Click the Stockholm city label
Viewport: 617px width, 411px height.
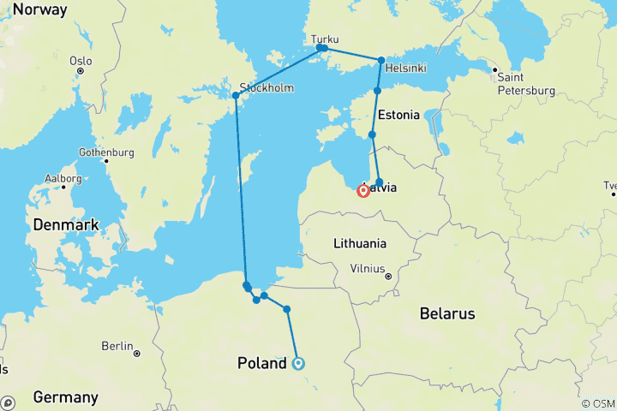point(267,87)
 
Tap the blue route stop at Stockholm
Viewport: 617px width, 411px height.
point(236,95)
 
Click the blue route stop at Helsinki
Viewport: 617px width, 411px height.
point(381,60)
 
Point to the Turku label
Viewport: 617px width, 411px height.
point(325,39)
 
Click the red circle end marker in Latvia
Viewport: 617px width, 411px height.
point(363,191)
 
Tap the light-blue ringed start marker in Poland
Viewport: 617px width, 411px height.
point(299,363)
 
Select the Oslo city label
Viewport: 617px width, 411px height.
point(81,61)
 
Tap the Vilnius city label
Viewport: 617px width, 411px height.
point(367,268)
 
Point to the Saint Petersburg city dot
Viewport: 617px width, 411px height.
point(494,70)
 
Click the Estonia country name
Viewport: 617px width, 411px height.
point(398,114)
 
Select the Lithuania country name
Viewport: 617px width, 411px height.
point(360,243)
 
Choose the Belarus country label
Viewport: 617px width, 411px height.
point(447,314)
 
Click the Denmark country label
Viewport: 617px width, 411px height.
point(66,225)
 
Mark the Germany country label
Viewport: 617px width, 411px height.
point(65,397)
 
